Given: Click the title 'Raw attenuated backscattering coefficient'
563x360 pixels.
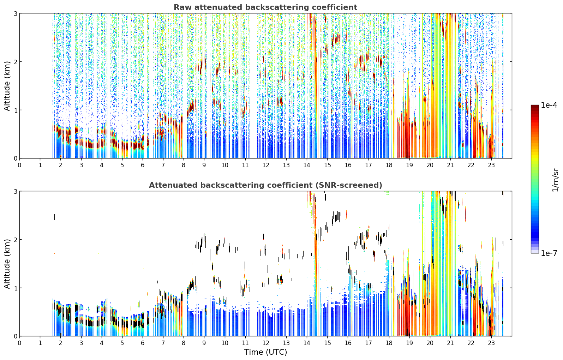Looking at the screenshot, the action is (265, 7).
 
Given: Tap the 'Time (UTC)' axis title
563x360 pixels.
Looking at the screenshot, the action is (265, 352).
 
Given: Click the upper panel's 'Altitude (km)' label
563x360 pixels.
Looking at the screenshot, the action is (7, 86).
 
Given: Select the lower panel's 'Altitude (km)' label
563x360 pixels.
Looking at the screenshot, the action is (7, 264).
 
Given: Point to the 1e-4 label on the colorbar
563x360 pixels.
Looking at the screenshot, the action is (549, 105).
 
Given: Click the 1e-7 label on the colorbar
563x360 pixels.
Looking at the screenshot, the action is (549, 253).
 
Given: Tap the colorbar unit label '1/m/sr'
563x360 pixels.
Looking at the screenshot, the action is (555, 180).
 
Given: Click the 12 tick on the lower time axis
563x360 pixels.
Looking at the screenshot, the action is (266, 343).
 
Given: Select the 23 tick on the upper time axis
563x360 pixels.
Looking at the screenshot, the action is (491, 165).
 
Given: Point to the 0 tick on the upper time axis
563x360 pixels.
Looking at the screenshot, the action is (20, 165).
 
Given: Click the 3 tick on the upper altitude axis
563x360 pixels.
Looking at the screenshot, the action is (15, 13).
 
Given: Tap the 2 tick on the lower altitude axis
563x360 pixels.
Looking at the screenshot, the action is (15, 240).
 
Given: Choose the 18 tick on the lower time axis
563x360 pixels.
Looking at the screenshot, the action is (389, 343).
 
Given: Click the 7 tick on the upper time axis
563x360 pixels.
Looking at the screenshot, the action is (163, 165).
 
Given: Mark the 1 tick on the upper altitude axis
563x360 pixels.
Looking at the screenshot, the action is (15, 110).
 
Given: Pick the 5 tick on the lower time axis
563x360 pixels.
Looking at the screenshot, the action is (122, 343).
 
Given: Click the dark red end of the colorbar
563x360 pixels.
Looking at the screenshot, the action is (535, 107).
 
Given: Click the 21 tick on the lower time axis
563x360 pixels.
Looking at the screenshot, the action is (450, 343).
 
